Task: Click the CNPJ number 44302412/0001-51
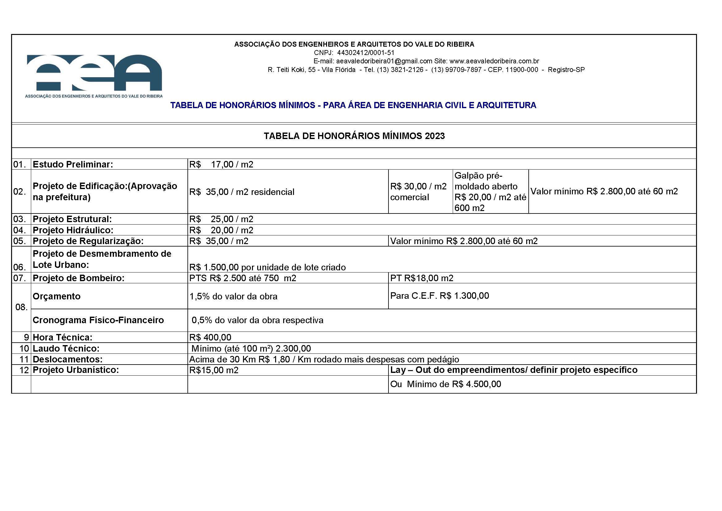365,53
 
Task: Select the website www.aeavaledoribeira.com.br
494,61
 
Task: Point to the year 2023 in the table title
435,136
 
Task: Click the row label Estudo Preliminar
73,164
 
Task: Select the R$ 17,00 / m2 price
221,164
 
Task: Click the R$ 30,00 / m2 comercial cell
418,192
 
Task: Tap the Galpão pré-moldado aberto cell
490,192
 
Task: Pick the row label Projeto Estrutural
72,219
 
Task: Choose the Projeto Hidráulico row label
73,230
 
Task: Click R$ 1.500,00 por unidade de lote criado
267,267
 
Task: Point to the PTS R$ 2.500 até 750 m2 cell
242,278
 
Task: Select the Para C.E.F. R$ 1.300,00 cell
439,296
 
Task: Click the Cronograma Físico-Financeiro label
98,320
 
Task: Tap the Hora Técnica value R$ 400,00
210,337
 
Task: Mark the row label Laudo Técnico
66,348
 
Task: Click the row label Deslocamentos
68,359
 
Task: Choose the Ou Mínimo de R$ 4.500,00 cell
446,384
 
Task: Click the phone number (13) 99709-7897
456,70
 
